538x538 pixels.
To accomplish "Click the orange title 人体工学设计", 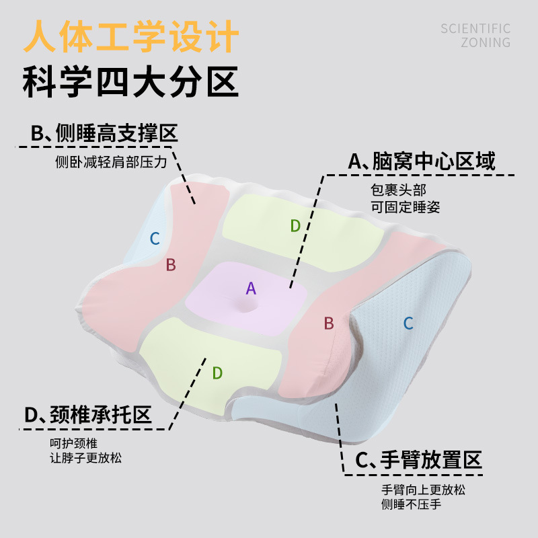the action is [131, 37].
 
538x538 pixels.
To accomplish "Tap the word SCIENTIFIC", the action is [475, 29].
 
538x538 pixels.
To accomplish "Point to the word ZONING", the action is [486, 43].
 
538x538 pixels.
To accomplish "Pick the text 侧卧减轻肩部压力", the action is [110, 163].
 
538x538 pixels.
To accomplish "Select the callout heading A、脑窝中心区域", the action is [422, 161].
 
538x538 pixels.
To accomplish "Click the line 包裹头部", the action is [398, 191].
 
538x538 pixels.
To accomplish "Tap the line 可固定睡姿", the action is [405, 207].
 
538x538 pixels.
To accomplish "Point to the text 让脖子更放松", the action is [86, 458].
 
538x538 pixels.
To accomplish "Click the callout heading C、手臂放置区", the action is [419, 461].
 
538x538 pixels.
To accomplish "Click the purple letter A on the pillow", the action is [251, 289].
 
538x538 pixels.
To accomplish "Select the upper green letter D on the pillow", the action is [295, 226].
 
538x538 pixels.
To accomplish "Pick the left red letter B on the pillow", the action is [171, 265].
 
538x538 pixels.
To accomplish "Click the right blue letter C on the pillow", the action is [408, 323].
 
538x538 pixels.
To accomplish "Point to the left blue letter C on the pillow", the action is [155, 238].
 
